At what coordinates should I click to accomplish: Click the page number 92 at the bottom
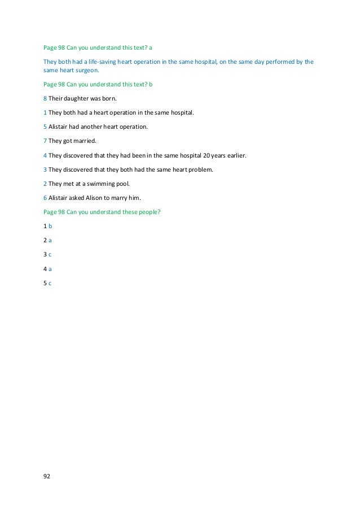[x=47, y=477]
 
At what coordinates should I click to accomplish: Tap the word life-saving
[x=100, y=61]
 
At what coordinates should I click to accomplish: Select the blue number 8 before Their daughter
[x=45, y=98]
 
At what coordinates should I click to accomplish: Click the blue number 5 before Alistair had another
[x=45, y=127]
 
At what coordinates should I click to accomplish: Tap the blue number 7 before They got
[x=45, y=141]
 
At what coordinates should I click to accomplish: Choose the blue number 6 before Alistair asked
[x=45, y=197]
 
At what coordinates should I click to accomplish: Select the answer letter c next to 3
[x=50, y=254]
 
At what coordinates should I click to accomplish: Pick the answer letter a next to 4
[x=50, y=268]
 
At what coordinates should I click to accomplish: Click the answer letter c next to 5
[x=50, y=282]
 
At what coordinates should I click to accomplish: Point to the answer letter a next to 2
[x=50, y=240]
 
